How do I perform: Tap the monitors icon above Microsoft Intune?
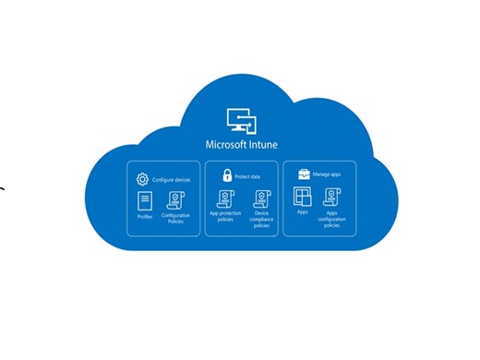[x=239, y=122]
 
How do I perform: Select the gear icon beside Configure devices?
[x=142, y=179]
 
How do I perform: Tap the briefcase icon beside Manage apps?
[x=302, y=173]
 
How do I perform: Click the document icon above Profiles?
[x=145, y=200]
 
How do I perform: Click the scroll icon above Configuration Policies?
[x=175, y=200]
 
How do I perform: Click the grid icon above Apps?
[x=302, y=196]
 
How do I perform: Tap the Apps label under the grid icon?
[x=302, y=213]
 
